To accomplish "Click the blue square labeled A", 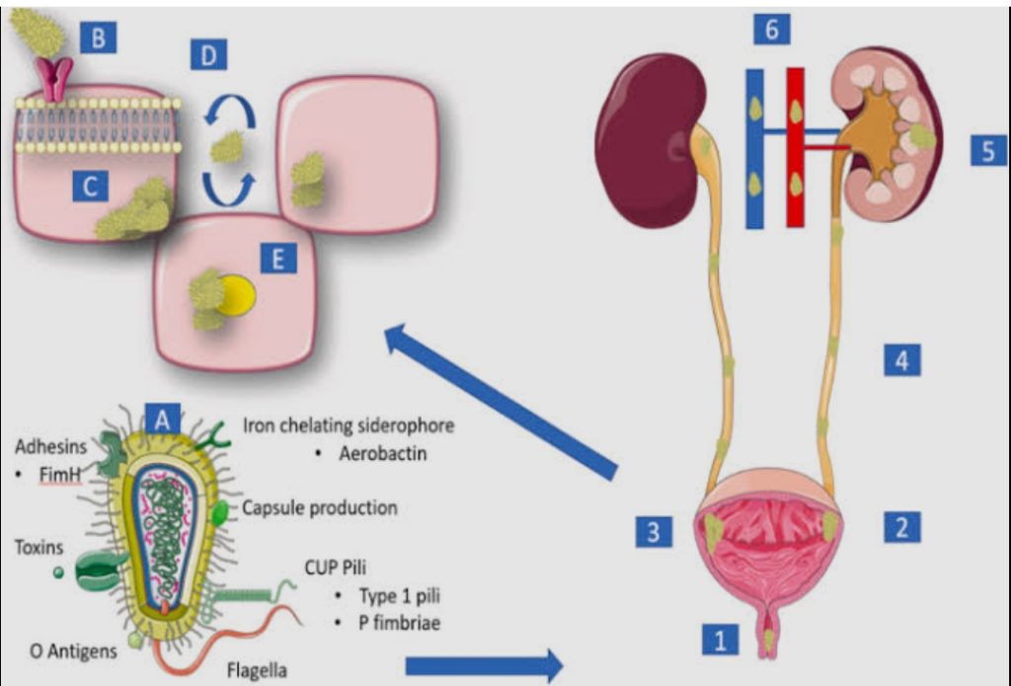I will click(x=163, y=419).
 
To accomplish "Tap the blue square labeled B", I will click(x=98, y=38).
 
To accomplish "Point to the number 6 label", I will click(x=771, y=30).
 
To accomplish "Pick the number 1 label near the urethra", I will click(x=720, y=641).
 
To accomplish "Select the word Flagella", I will click(x=256, y=671).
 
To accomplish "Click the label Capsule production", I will click(x=320, y=508).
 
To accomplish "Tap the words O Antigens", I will click(x=73, y=650).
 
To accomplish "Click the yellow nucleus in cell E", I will click(x=237, y=295).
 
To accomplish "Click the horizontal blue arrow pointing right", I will click(x=484, y=665).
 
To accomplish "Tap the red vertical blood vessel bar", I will click(x=795, y=148).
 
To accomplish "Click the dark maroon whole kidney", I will click(x=649, y=138).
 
